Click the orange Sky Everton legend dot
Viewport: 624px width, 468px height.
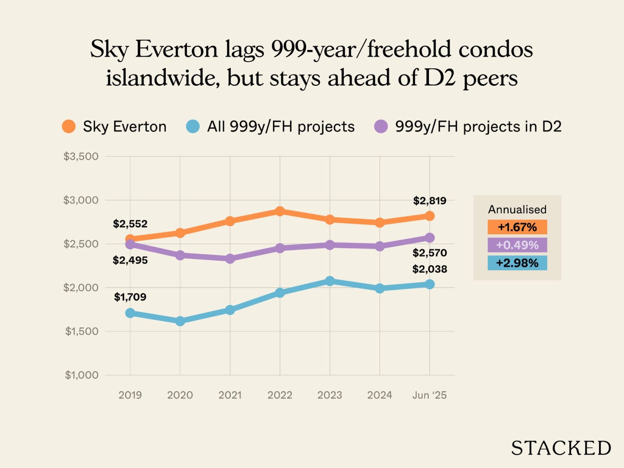point(69,126)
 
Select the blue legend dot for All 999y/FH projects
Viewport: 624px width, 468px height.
point(193,126)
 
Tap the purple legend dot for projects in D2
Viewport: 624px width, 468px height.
point(381,126)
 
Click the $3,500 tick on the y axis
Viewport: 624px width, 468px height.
point(81,156)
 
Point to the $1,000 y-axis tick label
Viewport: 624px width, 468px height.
point(82,375)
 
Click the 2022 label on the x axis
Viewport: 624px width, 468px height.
point(280,395)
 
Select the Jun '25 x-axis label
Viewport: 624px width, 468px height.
point(429,395)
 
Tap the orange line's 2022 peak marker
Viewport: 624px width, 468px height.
point(280,211)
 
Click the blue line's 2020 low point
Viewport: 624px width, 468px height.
point(180,321)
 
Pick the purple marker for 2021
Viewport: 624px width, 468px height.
point(230,259)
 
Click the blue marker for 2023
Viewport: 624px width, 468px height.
point(330,281)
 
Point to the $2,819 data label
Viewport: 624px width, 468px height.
point(429,201)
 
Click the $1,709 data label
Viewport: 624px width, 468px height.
point(130,297)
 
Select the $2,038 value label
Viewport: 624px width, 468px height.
point(429,269)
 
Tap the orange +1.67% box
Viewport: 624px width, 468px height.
point(517,227)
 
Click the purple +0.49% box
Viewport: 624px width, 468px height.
point(517,245)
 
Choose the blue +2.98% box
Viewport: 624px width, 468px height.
point(517,263)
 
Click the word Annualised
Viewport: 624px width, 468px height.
point(517,209)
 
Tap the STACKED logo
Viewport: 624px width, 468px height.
point(561,448)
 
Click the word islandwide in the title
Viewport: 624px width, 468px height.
point(159,78)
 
